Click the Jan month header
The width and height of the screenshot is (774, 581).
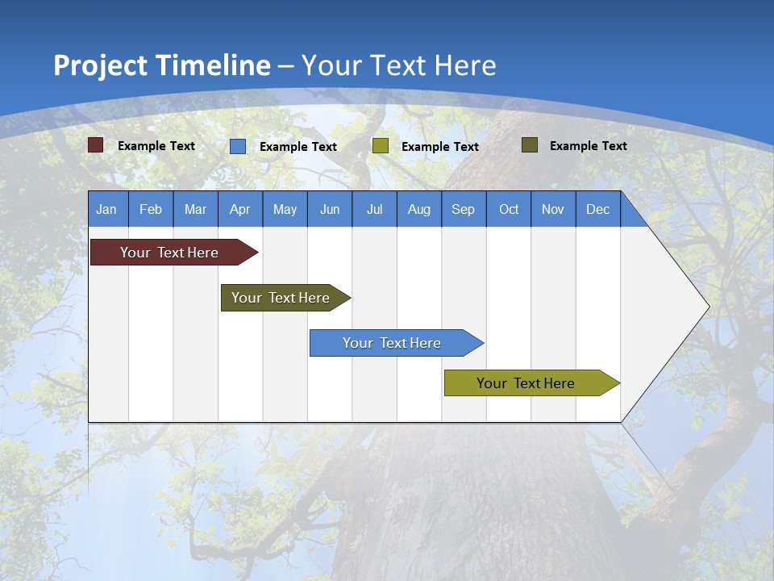(106, 210)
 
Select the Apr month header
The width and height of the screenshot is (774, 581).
(239, 210)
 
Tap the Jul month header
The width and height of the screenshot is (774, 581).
(374, 210)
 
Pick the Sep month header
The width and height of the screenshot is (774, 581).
(463, 210)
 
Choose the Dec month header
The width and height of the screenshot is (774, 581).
(597, 210)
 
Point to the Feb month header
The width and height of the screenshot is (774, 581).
(151, 210)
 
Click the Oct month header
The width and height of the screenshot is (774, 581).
(509, 210)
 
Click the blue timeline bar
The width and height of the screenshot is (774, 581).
(393, 343)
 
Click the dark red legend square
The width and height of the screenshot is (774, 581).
(96, 145)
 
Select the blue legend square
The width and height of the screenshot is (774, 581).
(238, 146)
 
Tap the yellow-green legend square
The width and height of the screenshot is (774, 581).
(381, 146)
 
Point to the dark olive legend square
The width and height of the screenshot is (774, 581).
(529, 145)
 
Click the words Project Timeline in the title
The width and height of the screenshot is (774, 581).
(161, 65)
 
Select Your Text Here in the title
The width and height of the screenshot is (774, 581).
(399, 65)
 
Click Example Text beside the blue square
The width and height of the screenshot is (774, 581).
(298, 147)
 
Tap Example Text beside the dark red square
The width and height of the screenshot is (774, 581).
(156, 146)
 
